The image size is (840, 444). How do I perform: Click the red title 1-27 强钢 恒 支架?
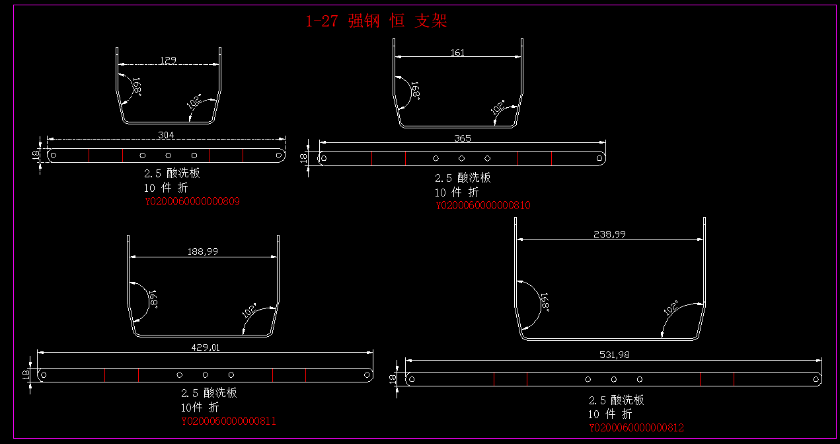376,21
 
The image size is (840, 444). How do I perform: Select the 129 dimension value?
168,60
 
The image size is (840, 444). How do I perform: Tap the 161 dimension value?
457,52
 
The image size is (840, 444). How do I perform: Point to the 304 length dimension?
167,136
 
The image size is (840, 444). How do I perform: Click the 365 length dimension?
463,139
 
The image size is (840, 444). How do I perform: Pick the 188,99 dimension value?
203,251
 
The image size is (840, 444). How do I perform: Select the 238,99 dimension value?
610,234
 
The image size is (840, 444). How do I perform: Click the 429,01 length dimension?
206,347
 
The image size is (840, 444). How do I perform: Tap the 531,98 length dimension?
614,355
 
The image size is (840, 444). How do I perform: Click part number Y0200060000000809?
192,202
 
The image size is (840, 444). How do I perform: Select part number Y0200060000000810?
482,206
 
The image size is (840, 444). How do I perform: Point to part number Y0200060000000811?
229,421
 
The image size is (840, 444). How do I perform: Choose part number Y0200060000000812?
636,428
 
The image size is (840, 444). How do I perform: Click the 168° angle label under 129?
137,87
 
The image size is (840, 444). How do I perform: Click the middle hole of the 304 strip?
169,155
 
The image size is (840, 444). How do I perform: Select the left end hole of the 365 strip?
323,158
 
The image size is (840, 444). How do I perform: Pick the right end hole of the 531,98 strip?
816,379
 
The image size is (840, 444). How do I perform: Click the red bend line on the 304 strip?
89,155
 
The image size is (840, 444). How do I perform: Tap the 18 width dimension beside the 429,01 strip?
26,375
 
